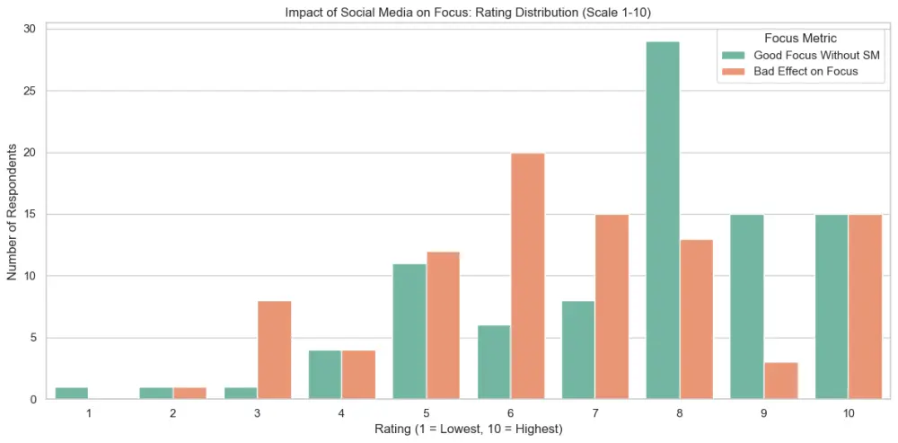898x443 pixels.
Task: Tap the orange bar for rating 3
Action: (x=274, y=350)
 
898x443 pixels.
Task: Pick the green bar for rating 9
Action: (x=747, y=306)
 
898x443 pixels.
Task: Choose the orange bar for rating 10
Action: (x=866, y=306)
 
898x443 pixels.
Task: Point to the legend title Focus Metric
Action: (x=799, y=38)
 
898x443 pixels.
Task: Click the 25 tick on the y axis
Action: (x=30, y=91)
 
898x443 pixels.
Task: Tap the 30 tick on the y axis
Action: (x=30, y=29)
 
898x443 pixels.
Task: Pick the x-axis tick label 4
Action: (x=341, y=412)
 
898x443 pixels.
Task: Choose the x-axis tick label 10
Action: (x=849, y=412)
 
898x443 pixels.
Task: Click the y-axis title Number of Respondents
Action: (x=13, y=214)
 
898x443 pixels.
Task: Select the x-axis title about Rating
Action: (x=469, y=430)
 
